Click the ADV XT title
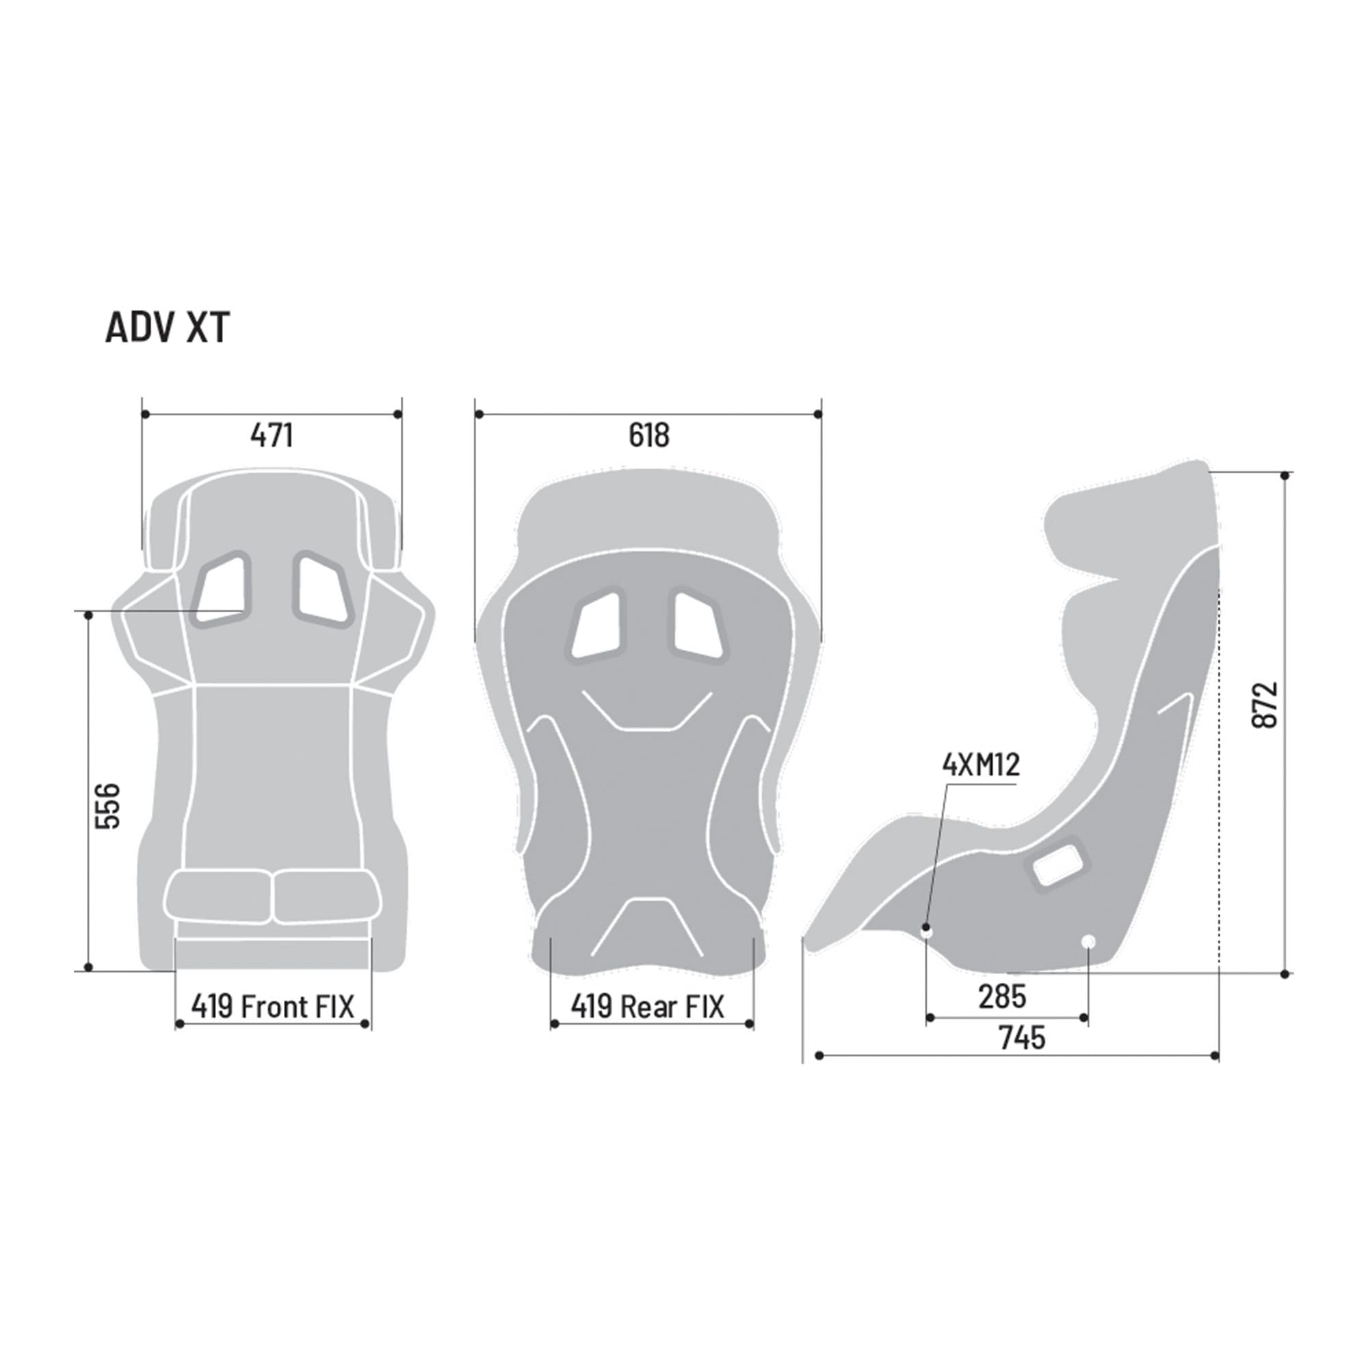pyautogui.click(x=167, y=328)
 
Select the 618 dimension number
pyautogui.click(x=648, y=436)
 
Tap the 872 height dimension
pyautogui.click(x=1265, y=705)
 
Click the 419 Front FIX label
pyautogui.click(x=273, y=1006)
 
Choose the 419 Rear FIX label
pyautogui.click(x=648, y=1006)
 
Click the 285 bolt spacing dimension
pyautogui.click(x=1002, y=997)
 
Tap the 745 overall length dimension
pyautogui.click(x=1022, y=1038)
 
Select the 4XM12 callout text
pyautogui.click(x=981, y=765)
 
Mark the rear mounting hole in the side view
pyautogui.click(x=1089, y=941)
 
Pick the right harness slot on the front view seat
pyautogui.click(x=322, y=588)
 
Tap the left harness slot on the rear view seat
pyautogui.click(x=596, y=624)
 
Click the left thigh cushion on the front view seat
pyautogui.click(x=218, y=897)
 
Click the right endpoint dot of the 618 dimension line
pyautogui.click(x=818, y=414)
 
